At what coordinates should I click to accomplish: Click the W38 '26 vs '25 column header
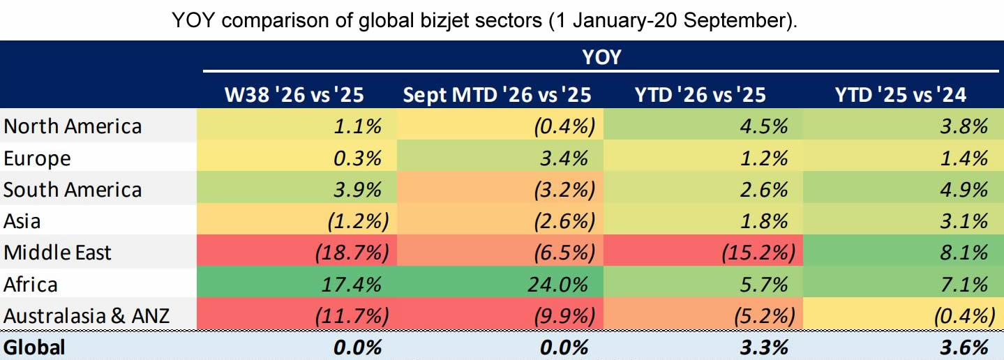coord(294,95)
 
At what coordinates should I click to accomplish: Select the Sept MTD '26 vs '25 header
coord(497,95)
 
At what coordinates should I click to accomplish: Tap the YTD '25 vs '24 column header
coord(901,95)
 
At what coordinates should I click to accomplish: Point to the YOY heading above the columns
coord(601,57)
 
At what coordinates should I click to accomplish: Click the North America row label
coord(73,126)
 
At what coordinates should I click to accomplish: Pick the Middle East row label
coord(57,253)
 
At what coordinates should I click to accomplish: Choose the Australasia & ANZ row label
coord(87,315)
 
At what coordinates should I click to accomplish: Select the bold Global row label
coord(34,347)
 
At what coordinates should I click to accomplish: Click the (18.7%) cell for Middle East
coord(352,253)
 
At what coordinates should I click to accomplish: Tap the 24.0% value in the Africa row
coord(557,284)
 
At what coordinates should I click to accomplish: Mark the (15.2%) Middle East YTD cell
coord(758,253)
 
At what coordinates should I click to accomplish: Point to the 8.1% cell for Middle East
coord(964,253)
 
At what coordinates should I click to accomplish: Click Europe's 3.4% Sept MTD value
coord(564,158)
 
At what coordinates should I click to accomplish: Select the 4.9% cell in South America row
coord(964,189)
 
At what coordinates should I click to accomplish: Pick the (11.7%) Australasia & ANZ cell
coord(352,315)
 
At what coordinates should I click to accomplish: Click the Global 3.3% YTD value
coord(764,347)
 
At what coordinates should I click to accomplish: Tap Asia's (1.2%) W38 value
coord(358,221)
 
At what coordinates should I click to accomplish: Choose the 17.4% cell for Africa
coord(352,284)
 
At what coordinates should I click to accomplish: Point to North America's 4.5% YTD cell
coord(764,126)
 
